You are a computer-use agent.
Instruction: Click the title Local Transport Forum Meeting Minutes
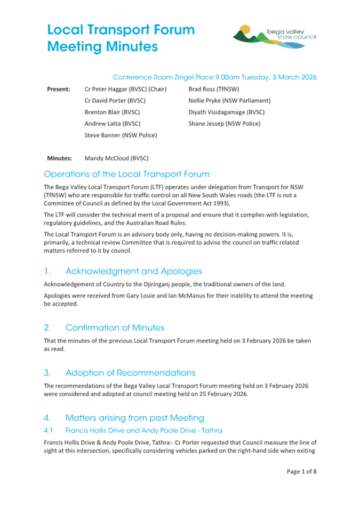[121, 38]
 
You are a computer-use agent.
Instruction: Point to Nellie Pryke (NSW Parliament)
[229, 100]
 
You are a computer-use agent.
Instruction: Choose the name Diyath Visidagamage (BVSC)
[226, 112]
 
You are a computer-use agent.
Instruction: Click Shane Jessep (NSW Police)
[224, 124]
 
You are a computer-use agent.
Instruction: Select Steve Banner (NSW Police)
[121, 135]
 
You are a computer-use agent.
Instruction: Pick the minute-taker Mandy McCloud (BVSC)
[116, 158]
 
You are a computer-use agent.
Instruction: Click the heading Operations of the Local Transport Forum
[126, 174]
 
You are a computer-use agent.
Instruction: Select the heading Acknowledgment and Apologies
[133, 271]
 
